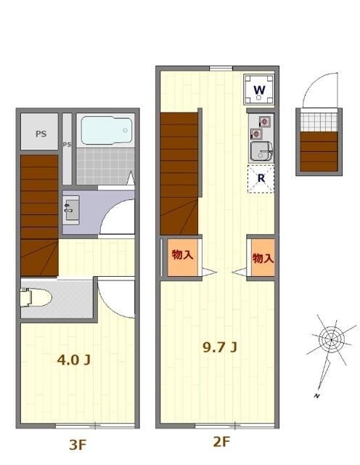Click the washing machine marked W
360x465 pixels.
coord(260,90)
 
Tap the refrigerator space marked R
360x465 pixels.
coord(261,179)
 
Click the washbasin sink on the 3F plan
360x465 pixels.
coord(72,211)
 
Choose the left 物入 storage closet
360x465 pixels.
coord(181,257)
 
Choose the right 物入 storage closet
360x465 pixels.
coord(262,258)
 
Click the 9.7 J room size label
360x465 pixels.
coord(218,347)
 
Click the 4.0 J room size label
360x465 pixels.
coord(73,360)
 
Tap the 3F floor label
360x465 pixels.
coord(77,445)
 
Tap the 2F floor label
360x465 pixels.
coord(221,441)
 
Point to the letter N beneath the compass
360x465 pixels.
coord(317,395)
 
